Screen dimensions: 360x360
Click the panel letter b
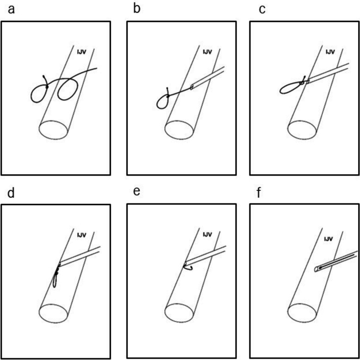click(137, 9)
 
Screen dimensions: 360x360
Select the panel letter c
click(262, 9)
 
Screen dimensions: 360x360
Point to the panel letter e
click(136, 191)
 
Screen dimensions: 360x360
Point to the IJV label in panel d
click(82, 235)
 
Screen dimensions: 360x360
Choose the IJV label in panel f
click(329, 240)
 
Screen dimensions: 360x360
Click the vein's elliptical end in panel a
click(54, 129)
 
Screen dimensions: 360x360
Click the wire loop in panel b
click(163, 102)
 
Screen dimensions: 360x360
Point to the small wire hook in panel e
click(186, 266)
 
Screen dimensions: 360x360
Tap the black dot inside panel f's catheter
click(320, 268)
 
